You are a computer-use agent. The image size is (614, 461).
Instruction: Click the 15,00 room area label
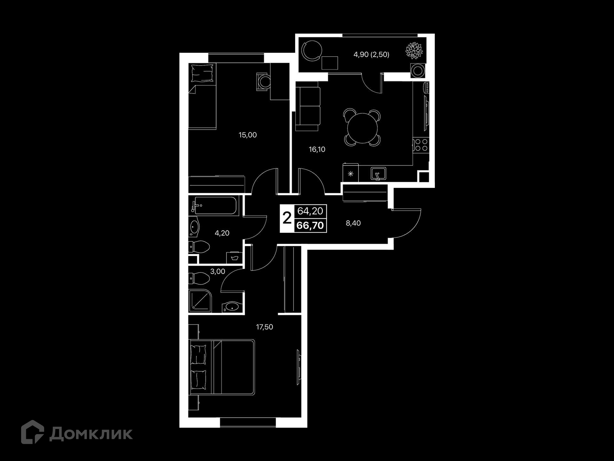pos(248,135)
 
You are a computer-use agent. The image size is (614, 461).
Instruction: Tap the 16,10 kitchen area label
pos(317,150)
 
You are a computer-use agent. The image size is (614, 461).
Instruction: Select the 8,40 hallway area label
pos(353,223)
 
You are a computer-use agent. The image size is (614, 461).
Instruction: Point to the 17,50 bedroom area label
pos(264,327)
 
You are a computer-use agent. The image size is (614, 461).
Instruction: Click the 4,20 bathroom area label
pos(222,233)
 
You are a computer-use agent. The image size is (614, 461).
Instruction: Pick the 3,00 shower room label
pos(217,271)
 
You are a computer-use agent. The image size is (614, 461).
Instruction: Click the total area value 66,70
pos(310,225)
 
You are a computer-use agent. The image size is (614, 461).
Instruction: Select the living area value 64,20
pos(310,211)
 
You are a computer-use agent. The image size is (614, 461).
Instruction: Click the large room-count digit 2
pos(287,218)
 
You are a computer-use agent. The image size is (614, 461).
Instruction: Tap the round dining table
pos(362,128)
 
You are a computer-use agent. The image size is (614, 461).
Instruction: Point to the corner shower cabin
pos(200,301)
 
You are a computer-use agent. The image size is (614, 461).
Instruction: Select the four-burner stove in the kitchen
pos(421,145)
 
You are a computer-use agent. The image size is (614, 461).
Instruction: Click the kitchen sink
pos(378,174)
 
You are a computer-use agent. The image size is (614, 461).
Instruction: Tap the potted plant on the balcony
pos(414,51)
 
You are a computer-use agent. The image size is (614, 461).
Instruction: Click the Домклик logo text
pos(91,434)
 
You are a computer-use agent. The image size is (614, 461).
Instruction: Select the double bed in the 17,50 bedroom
pos(222,367)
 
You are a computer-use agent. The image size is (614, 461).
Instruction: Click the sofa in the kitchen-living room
pos(308,106)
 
